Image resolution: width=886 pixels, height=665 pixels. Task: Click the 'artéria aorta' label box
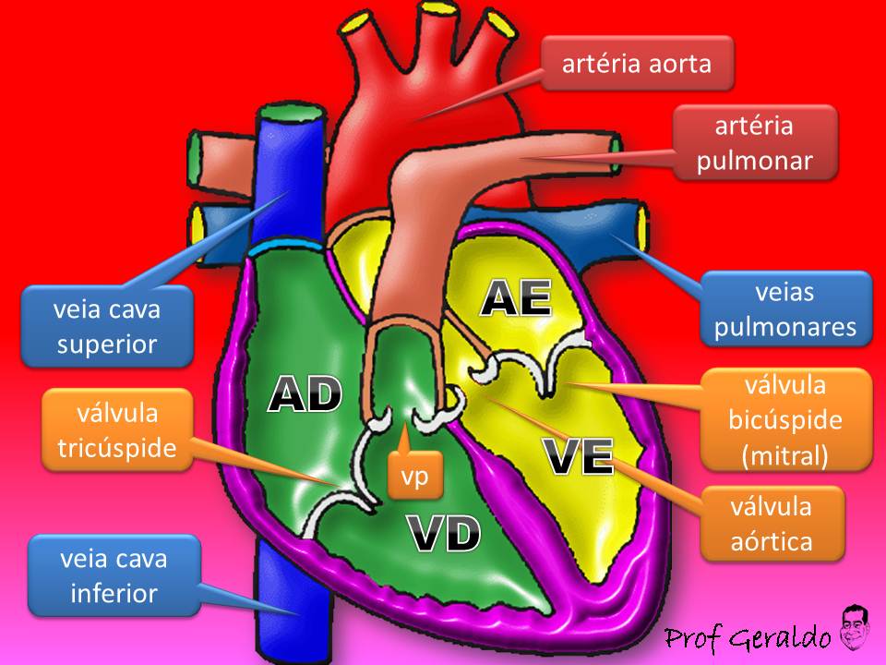click(x=638, y=64)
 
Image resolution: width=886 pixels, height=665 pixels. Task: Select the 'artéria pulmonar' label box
click(x=755, y=142)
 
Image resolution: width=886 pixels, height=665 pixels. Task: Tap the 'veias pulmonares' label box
click(x=785, y=308)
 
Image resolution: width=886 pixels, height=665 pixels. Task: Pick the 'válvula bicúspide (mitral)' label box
click(x=785, y=419)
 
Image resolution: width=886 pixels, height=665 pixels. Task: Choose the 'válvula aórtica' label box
click(x=772, y=523)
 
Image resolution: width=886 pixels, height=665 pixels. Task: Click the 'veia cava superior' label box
click(x=109, y=326)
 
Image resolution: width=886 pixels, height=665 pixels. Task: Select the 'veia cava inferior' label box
click(x=114, y=574)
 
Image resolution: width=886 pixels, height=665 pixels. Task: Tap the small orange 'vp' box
click(x=414, y=477)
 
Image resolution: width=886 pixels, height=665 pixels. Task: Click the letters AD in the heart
click(x=305, y=394)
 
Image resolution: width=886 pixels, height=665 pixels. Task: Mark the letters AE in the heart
click(x=516, y=298)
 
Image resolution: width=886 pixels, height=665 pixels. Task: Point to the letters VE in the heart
click(x=578, y=456)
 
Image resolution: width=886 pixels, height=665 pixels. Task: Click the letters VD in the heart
click(x=444, y=534)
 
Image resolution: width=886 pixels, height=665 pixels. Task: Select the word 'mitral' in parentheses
click(x=785, y=454)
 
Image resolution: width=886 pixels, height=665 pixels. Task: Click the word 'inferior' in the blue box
click(x=114, y=592)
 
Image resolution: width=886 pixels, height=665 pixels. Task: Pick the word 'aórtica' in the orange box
click(x=772, y=540)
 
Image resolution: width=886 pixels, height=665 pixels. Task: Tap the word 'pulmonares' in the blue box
click(x=785, y=326)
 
